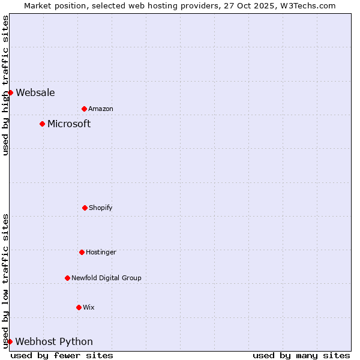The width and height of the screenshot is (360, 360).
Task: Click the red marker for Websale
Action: [x=10, y=92]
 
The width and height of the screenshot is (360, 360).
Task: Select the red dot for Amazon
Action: [x=84, y=109]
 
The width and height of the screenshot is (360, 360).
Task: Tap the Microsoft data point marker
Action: [x=42, y=124]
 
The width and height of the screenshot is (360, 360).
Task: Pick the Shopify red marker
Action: [x=85, y=208]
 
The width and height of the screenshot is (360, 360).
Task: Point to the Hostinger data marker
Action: [x=82, y=252]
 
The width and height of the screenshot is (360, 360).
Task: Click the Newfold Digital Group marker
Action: [x=67, y=278]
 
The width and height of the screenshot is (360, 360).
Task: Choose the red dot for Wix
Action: [x=79, y=307]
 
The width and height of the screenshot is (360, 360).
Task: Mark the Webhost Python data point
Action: [x=10, y=341]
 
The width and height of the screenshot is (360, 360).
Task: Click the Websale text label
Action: [x=35, y=92]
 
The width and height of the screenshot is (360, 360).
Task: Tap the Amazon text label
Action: [x=101, y=109]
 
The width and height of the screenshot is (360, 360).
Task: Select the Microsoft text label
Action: [x=69, y=124]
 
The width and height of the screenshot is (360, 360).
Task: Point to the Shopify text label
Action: [x=101, y=208]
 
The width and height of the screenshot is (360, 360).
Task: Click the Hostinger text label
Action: [x=101, y=252]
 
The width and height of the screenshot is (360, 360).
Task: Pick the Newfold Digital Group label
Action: [x=106, y=278]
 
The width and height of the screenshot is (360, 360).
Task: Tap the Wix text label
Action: [x=89, y=307]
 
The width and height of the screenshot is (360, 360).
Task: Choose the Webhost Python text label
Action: [x=54, y=342]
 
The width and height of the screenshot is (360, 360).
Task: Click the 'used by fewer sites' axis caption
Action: [x=62, y=355]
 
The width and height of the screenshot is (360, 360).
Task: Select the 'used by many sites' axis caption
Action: [x=301, y=355]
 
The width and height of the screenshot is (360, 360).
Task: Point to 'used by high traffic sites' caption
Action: [x=5, y=85]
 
